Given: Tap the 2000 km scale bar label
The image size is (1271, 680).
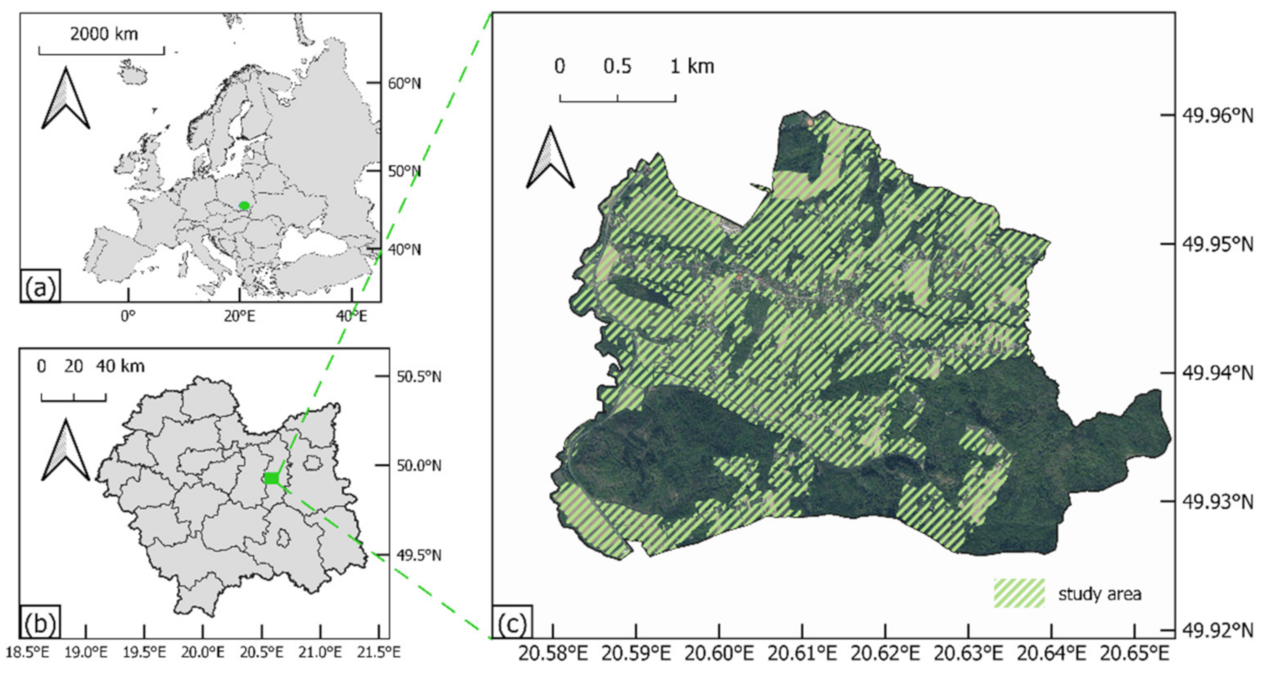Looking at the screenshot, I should [102, 34].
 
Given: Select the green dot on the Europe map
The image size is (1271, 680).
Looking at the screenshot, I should [244, 205].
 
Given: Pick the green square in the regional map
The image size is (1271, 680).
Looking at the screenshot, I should [272, 478].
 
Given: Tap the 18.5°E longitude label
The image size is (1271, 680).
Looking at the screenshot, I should [27, 653].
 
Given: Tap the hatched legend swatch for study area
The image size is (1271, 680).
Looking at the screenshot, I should [1019, 593].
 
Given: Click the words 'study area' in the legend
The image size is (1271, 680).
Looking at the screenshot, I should [1099, 593].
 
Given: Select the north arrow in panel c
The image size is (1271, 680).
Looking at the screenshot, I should [550, 159].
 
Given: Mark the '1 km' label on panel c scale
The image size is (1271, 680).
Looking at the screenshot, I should [692, 66].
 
